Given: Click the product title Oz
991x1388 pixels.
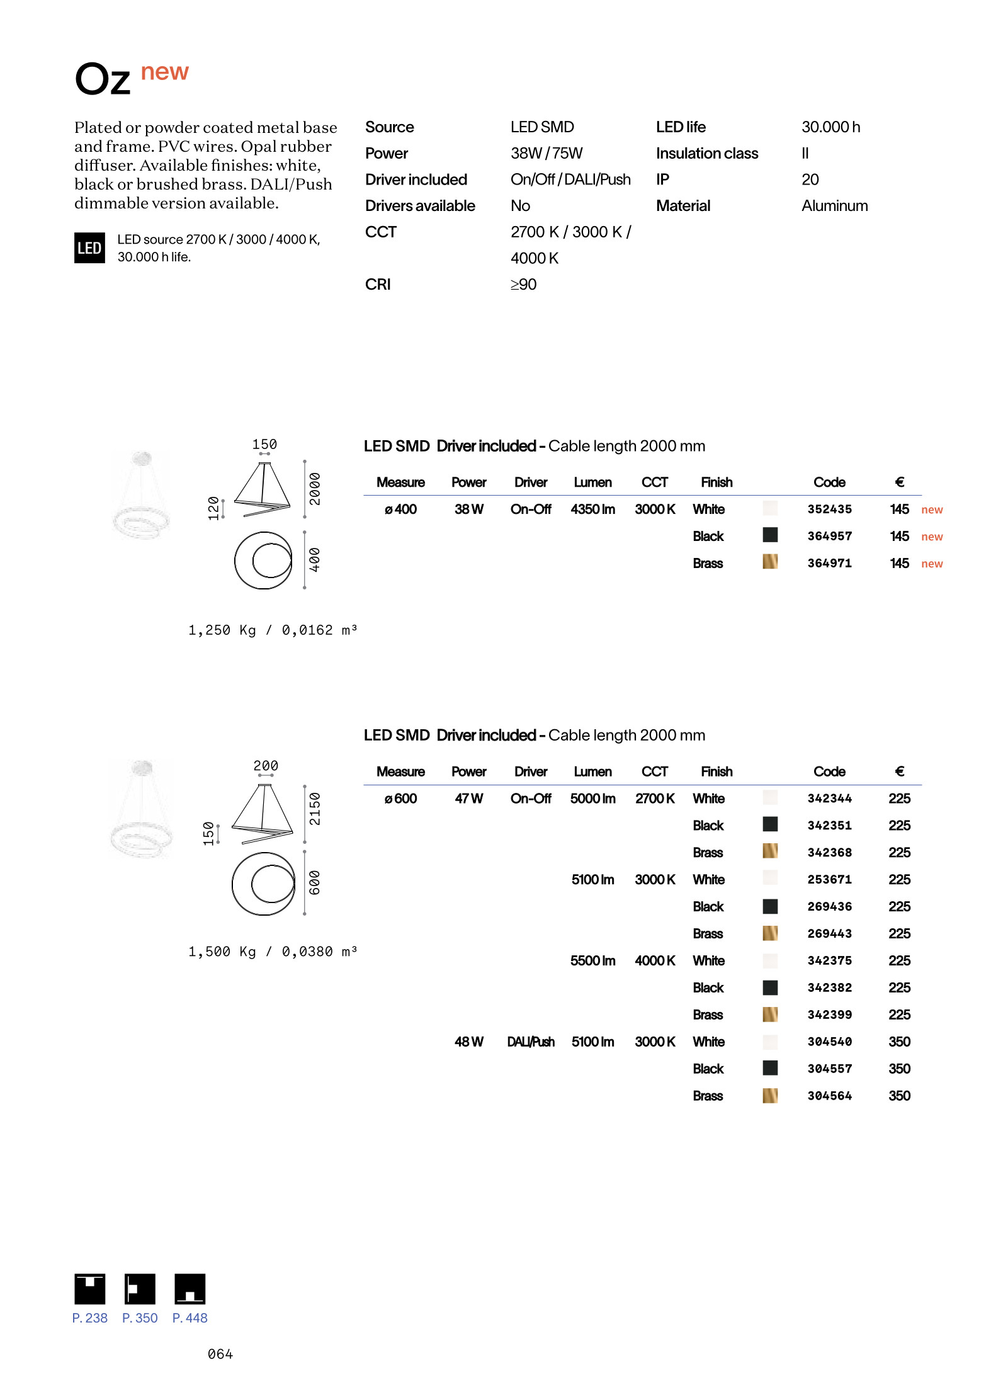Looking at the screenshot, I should coord(103,80).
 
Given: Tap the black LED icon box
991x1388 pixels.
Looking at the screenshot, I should coord(89,248).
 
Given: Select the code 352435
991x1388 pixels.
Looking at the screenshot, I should coord(829,509).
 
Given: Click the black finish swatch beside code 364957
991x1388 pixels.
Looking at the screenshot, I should coord(769,535).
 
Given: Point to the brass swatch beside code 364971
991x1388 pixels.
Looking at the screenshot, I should coord(769,562).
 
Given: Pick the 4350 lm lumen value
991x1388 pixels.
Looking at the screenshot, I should coord(592,509).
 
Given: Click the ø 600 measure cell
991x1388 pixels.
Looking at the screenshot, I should coord(400,799).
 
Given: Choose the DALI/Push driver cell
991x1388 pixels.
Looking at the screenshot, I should coord(530,1042).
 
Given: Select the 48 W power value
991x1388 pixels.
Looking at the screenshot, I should coord(468,1042).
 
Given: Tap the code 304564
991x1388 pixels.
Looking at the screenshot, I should coord(829,1096).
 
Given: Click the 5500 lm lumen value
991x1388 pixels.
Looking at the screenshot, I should coord(592,961).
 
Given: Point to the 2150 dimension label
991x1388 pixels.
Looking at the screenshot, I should coord(314,809).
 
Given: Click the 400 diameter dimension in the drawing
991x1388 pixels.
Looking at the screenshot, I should coord(314,560).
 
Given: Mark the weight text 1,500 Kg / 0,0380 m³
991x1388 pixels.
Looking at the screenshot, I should coord(272,952).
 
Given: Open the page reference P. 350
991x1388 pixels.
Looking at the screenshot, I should coord(140,1318).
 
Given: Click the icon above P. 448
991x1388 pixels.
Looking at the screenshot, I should coord(190,1289).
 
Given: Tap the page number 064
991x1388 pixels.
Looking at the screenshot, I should coord(220,1355).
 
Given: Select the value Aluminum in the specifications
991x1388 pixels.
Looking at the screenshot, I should coord(834,206).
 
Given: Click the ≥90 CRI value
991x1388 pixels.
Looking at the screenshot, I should coord(523,285).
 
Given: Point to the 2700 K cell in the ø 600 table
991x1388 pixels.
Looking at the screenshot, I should coord(654,799).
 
